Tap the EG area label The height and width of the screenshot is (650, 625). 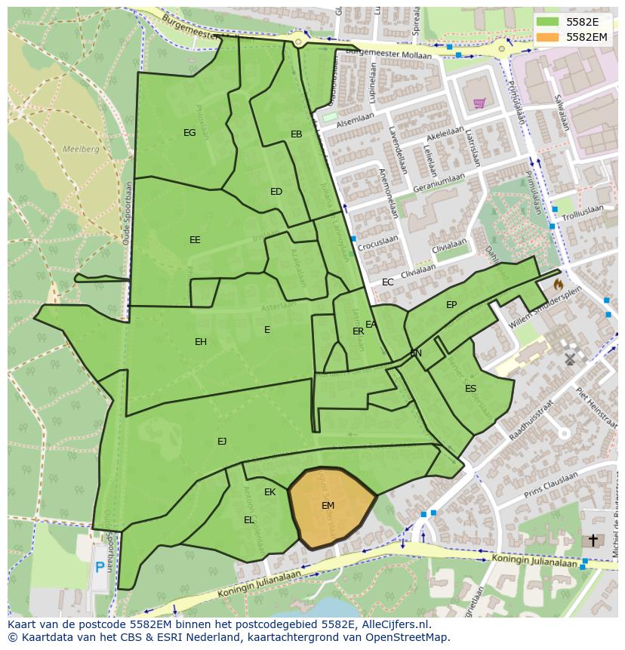coord(189,133)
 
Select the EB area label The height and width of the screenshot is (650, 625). coord(297,134)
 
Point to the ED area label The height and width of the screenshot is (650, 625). coord(276,192)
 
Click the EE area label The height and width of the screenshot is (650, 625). coord(195,240)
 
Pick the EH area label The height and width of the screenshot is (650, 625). coord(201,342)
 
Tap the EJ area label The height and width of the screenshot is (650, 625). coord(222,442)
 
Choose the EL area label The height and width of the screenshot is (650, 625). coord(249,520)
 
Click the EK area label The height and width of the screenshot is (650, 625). coord(269,492)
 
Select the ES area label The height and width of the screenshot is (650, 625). coord(470,389)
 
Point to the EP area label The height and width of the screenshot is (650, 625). coord(451,305)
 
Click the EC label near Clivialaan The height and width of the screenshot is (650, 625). coord(387,282)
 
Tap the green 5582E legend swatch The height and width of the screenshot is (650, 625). coord(549,22)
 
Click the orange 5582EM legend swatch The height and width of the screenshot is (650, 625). coord(549,37)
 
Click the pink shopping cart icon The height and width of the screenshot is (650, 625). coord(479,103)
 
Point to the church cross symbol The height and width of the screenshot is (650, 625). coord(593,541)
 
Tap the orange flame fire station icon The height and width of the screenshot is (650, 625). coord(558,285)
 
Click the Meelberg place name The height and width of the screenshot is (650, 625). coord(81,149)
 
